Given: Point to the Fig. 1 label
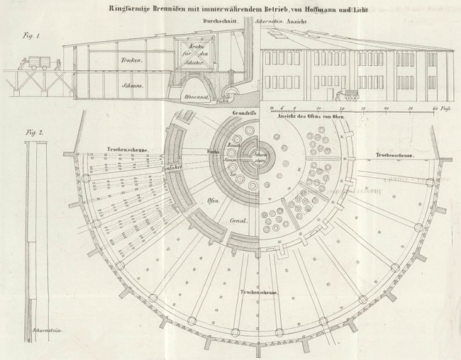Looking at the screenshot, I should click(x=30, y=35).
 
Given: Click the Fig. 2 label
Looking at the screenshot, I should click(x=30, y=132).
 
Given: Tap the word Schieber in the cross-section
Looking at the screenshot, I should click(x=193, y=64).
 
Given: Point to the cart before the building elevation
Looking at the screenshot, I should click(x=350, y=94).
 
